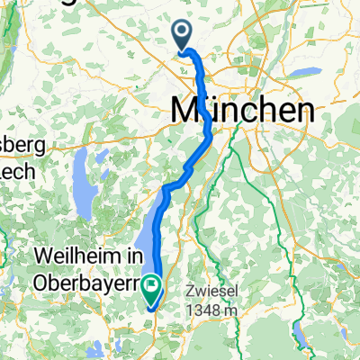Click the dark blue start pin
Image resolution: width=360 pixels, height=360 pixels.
[x=182, y=34]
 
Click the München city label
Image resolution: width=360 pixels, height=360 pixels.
[x=243, y=111]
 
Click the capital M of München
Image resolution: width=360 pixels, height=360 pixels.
[x=184, y=111]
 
